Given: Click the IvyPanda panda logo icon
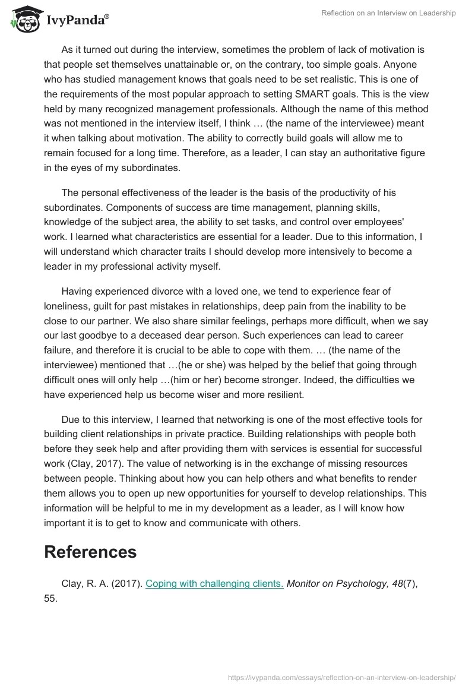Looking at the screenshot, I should [x=23, y=18].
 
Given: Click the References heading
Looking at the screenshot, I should [x=90, y=552].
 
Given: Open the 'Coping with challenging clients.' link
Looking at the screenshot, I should [x=214, y=584].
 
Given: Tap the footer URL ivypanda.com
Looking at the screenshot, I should [x=342, y=677].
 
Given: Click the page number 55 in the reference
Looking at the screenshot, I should [x=50, y=599].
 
